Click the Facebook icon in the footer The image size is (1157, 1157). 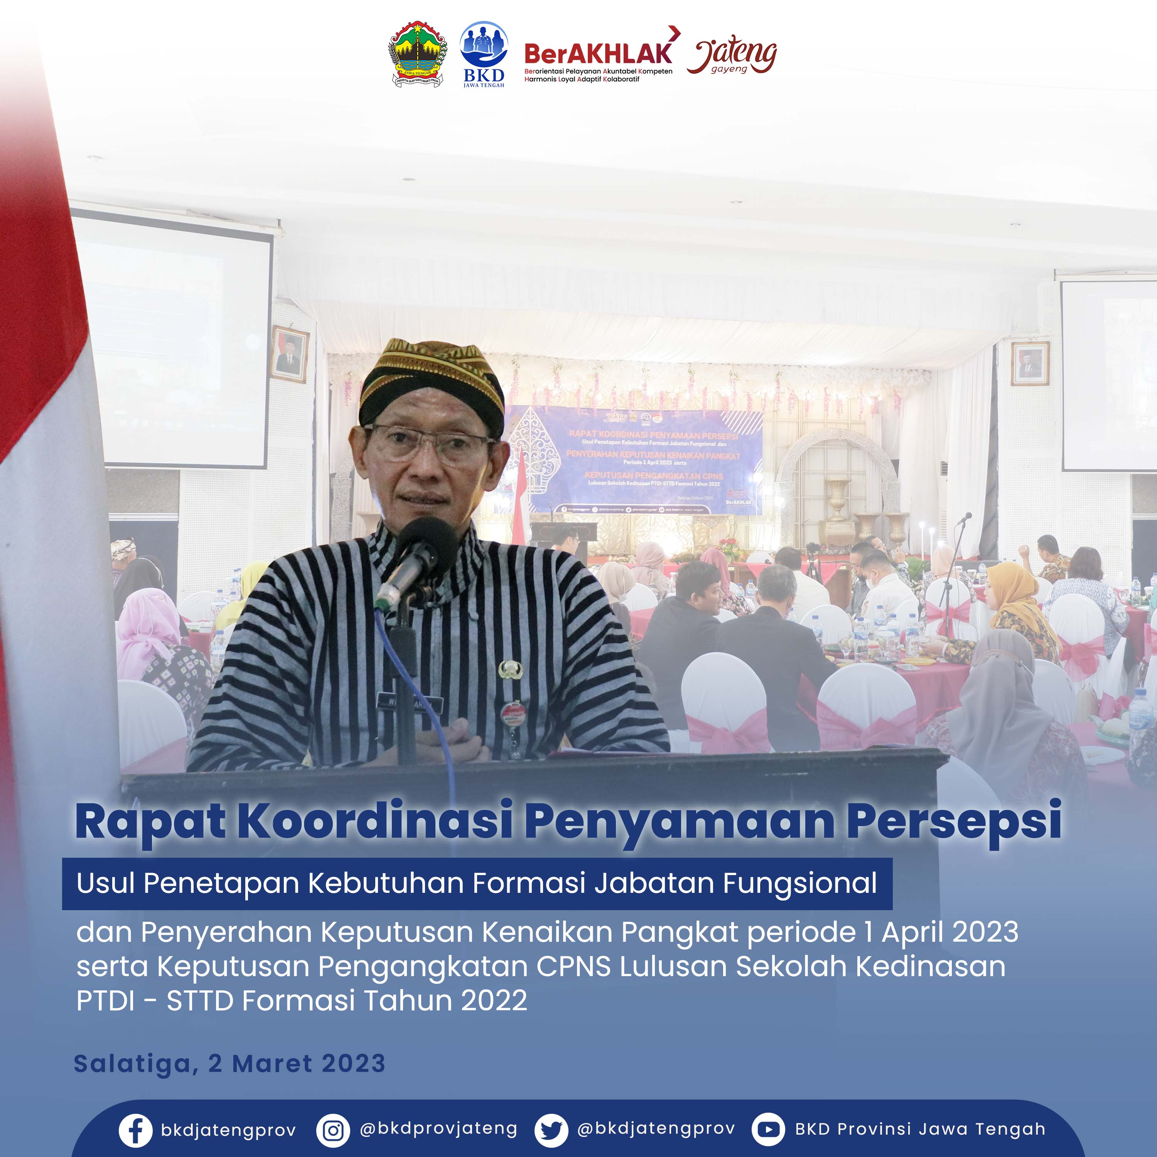click(135, 1130)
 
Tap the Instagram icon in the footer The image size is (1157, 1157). click(333, 1130)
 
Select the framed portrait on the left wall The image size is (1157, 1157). click(290, 354)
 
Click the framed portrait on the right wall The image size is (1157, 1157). click(1030, 363)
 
